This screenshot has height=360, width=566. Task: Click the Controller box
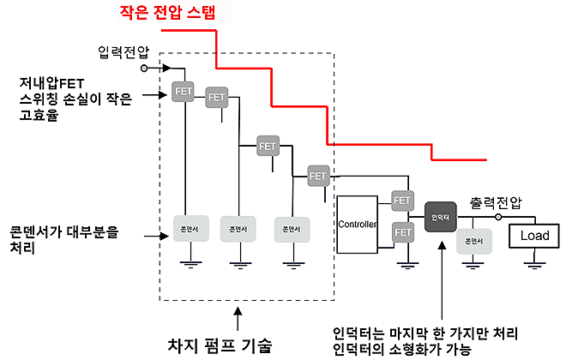pos(358,225)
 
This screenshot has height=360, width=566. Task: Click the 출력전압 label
pos(496,203)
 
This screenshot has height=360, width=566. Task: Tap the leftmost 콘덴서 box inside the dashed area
pos(189,228)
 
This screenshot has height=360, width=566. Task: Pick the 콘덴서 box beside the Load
pos(474,241)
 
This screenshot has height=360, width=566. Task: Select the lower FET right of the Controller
pos(402,231)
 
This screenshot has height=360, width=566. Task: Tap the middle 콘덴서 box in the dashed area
pos(237,228)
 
